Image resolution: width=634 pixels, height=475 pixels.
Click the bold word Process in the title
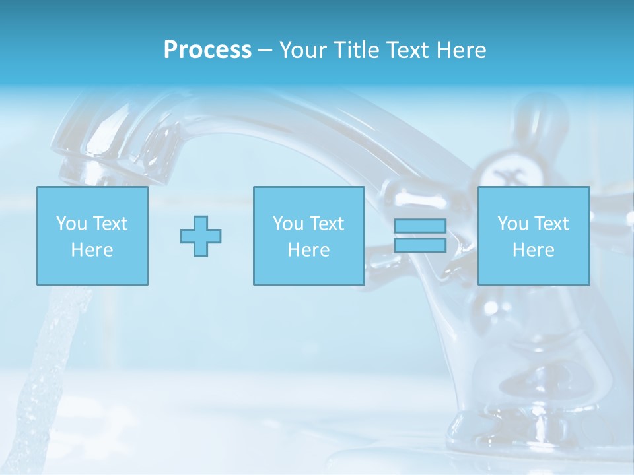[207, 50]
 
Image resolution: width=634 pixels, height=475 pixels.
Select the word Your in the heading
[304, 50]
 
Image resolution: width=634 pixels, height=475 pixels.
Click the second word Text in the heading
[408, 50]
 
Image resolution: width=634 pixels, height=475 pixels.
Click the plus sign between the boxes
[201, 236]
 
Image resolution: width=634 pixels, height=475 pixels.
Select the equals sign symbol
[420, 236]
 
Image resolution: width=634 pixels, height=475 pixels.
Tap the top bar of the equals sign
[420, 226]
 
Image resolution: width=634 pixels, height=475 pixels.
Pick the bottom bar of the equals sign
[420, 245]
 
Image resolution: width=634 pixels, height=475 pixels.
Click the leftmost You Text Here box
[92, 236]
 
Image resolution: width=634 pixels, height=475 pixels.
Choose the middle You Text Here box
[308, 236]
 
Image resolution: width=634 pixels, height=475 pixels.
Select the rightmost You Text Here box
[533, 236]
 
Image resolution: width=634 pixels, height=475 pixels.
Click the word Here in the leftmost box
[92, 250]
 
